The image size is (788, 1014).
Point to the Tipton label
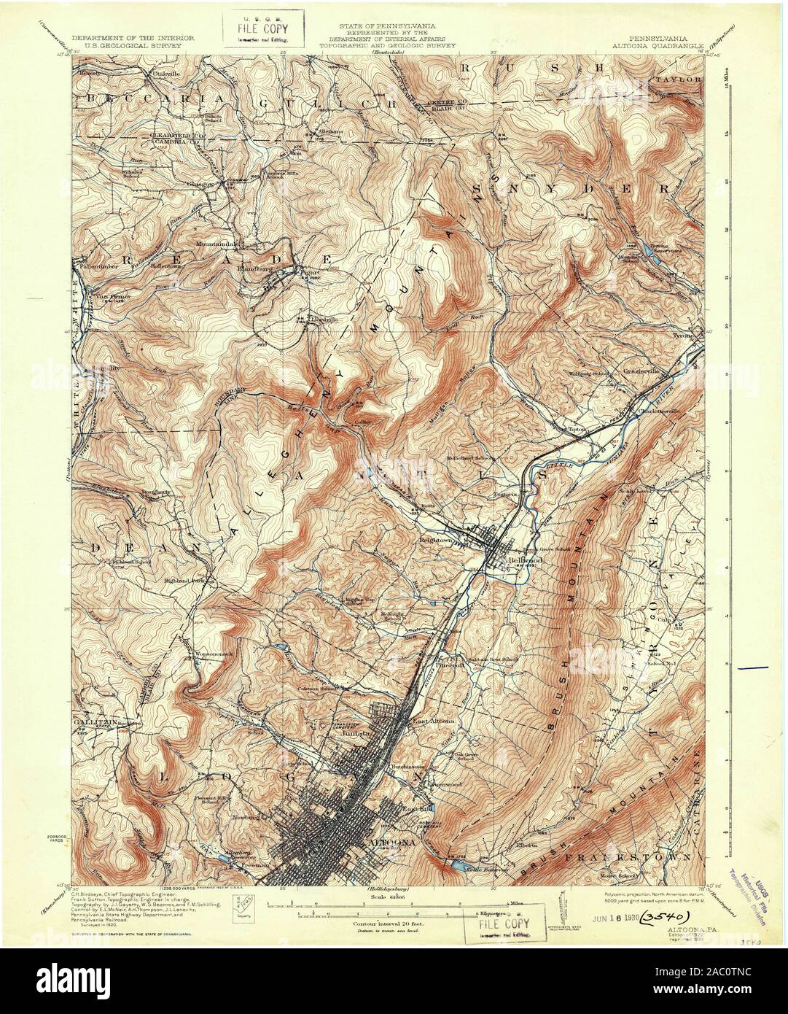tap(577, 430)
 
